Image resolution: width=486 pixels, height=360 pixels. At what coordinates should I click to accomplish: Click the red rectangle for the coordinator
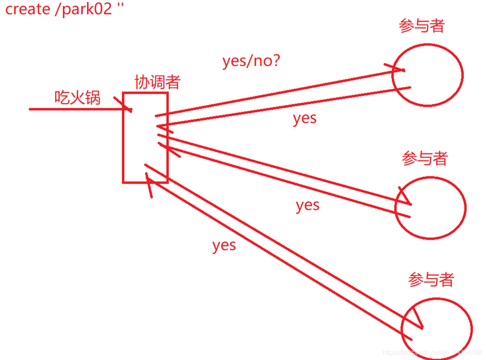(x=145, y=137)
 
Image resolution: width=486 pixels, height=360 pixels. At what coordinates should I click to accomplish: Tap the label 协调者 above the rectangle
(x=157, y=82)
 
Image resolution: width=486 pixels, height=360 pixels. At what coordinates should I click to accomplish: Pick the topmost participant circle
(x=427, y=75)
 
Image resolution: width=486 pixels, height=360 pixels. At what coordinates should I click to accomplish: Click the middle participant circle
(x=430, y=207)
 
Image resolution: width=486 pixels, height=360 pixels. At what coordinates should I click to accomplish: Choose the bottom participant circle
(x=437, y=328)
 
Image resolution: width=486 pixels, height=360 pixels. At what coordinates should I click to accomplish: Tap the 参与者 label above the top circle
(x=421, y=26)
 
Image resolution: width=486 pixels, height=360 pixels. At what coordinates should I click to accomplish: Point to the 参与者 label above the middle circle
(x=425, y=158)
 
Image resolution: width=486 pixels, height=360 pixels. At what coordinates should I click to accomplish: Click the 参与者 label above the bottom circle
(x=431, y=280)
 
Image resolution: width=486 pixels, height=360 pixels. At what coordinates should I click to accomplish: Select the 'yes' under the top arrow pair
(x=305, y=118)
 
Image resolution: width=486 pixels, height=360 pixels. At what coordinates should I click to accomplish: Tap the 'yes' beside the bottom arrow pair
(x=224, y=245)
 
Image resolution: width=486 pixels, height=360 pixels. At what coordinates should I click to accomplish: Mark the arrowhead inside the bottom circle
(x=417, y=320)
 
